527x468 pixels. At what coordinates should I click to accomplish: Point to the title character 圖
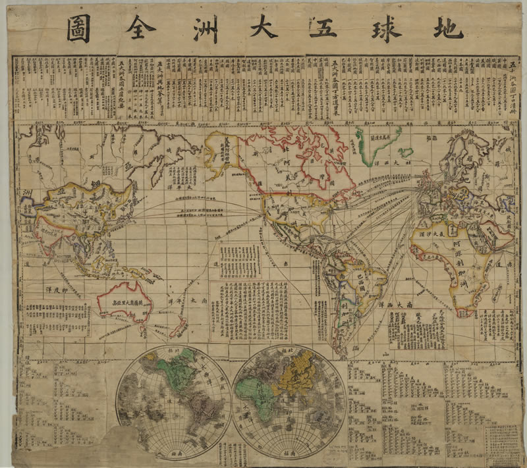pyautogui.click(x=78, y=28)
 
